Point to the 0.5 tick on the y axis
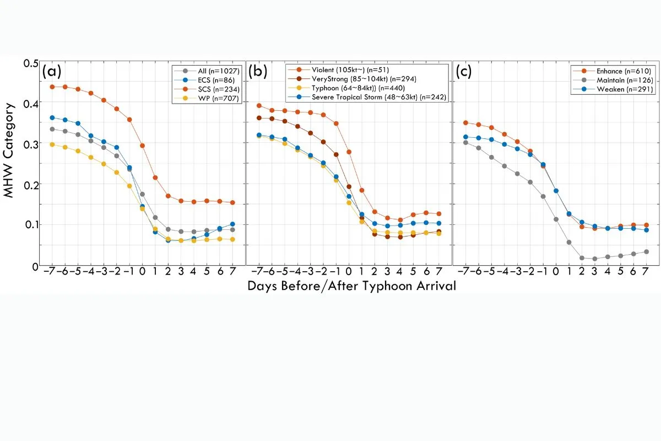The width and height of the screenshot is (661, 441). [31, 63]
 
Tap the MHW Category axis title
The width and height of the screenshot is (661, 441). [8, 150]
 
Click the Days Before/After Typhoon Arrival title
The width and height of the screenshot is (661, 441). [352, 286]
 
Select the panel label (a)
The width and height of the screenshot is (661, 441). [52, 72]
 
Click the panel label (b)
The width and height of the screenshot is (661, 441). [258, 72]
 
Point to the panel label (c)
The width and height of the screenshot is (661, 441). [464, 72]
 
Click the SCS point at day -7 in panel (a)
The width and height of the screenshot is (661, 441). [52, 87]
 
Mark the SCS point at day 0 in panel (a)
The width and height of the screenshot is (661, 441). [142, 146]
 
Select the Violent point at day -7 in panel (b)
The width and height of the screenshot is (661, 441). [259, 105]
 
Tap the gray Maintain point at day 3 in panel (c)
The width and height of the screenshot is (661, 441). [594, 259]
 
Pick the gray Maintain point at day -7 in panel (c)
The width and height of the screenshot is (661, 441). [465, 143]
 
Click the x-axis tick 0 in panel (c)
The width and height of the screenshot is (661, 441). [556, 271]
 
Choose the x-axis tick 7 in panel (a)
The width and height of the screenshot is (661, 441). [232, 271]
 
